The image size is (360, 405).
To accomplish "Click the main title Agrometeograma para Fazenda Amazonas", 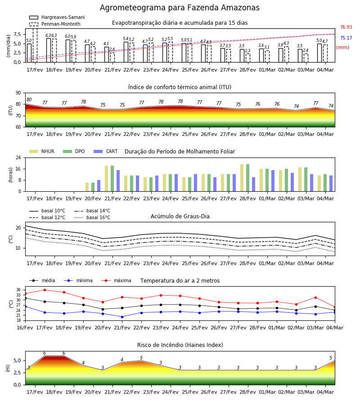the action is (180, 8).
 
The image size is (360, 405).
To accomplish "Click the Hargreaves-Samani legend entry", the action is (57, 17).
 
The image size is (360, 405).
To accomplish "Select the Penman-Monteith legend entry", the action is (55, 24).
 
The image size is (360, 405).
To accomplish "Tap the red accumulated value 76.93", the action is (346, 27).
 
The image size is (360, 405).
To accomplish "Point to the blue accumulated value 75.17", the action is (346, 38).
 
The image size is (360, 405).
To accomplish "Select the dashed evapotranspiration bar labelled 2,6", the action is (112, 57).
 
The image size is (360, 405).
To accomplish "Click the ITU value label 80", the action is (29, 100).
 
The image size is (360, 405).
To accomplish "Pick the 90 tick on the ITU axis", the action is (18, 93).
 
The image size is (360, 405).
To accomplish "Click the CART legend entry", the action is (106, 151).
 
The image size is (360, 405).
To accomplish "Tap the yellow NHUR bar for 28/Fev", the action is (242, 178).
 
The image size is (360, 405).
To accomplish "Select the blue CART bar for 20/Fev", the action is (99, 186).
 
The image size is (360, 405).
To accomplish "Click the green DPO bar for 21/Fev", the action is (112, 179).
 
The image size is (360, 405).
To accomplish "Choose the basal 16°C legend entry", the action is (92, 217).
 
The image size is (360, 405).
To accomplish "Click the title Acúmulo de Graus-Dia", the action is (180, 216).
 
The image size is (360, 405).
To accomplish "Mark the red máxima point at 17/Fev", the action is (45, 290).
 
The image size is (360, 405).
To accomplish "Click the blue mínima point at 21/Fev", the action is (122, 317).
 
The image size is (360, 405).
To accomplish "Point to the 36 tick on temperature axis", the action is (18, 290).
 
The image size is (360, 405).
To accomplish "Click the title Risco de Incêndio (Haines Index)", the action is (180, 345).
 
